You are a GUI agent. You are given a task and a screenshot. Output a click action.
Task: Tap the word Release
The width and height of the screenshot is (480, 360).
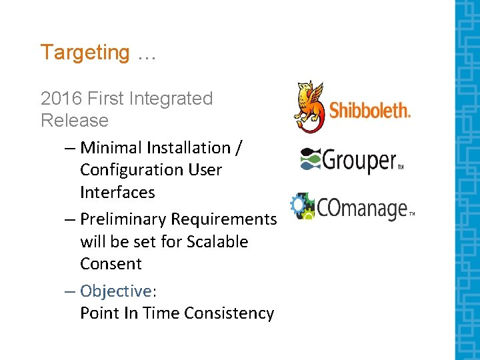[x=74, y=121]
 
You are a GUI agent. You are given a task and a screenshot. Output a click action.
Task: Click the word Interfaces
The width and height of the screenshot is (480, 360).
[x=117, y=193]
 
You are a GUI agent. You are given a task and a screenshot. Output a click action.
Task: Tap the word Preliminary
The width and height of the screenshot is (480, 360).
[x=123, y=219]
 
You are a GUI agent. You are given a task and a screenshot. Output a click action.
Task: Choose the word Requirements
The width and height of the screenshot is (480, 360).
[x=224, y=219]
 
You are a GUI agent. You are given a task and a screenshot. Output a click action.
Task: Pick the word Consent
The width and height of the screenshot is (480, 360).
[x=111, y=264]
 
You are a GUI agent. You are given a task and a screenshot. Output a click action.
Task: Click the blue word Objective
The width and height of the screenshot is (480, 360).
[x=115, y=291]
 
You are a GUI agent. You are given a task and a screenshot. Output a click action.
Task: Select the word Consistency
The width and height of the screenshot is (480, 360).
[x=229, y=313]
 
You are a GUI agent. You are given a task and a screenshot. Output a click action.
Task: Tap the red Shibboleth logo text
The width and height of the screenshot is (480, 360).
[x=369, y=111]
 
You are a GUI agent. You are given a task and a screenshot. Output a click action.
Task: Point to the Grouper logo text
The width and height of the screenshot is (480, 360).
[x=360, y=161]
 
